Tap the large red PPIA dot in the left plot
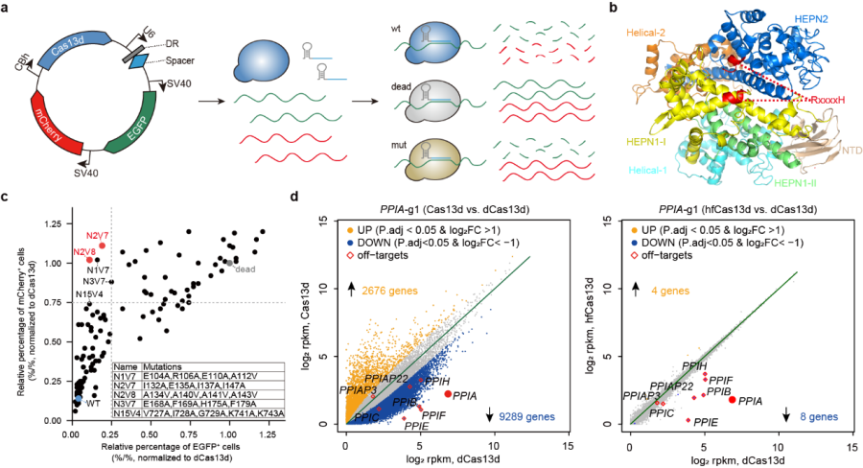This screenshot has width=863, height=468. tap(447, 394)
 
